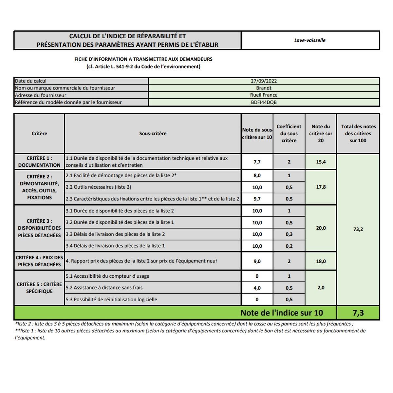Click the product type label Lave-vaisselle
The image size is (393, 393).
point(310,40)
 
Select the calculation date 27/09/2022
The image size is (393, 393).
point(264,81)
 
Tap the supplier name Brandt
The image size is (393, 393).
point(264,88)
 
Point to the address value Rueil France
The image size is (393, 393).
point(264,95)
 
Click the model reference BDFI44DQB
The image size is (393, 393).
point(264,102)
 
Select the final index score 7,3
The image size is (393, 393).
point(358,313)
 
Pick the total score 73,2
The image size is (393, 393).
point(358,229)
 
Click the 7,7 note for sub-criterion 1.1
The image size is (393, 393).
point(257,162)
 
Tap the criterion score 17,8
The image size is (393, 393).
point(321,187)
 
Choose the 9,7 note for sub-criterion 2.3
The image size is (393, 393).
point(257,199)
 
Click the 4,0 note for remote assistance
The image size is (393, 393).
point(257,288)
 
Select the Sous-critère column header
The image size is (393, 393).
point(153,134)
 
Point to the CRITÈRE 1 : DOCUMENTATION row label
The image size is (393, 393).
point(39,161)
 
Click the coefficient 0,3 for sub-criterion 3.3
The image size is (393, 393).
point(289,234)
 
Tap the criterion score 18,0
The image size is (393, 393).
point(321,261)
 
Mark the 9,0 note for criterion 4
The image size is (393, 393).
point(257,261)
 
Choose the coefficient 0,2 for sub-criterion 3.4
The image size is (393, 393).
point(289,246)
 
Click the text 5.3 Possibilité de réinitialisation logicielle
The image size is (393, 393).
point(111,299)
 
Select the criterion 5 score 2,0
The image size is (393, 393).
point(321,288)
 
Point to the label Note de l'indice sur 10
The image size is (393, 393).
point(282,313)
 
